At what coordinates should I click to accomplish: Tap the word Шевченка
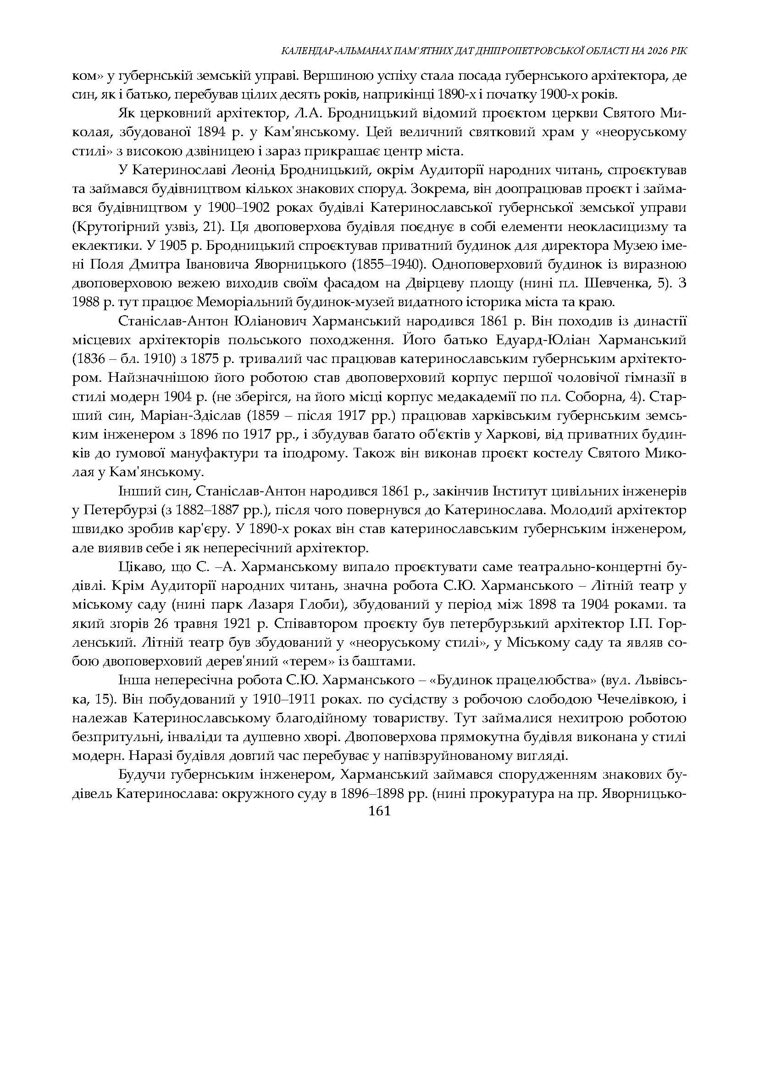[x=627, y=284]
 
